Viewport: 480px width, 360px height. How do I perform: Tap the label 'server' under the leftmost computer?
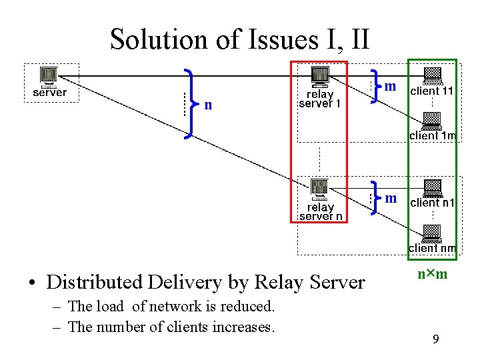tap(50, 93)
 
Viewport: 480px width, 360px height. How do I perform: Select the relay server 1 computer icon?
tap(320, 77)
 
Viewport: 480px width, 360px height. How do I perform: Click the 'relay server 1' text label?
tap(320, 99)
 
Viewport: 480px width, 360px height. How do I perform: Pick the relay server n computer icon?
tap(320, 189)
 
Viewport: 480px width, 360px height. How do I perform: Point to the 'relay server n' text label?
tap(321, 211)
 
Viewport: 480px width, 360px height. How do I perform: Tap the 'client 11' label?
tap(431, 91)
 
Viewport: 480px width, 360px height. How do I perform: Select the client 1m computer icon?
tap(432, 121)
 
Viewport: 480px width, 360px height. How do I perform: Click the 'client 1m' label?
tap(433, 136)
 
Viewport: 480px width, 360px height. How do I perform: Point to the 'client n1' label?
tap(432, 203)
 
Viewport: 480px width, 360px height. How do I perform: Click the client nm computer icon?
tap(432, 233)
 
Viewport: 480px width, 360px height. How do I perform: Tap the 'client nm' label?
tap(433, 249)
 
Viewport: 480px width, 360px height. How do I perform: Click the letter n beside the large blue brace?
tap(209, 105)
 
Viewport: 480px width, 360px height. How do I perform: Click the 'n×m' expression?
tap(432, 275)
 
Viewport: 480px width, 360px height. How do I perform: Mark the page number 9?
tap(435, 340)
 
